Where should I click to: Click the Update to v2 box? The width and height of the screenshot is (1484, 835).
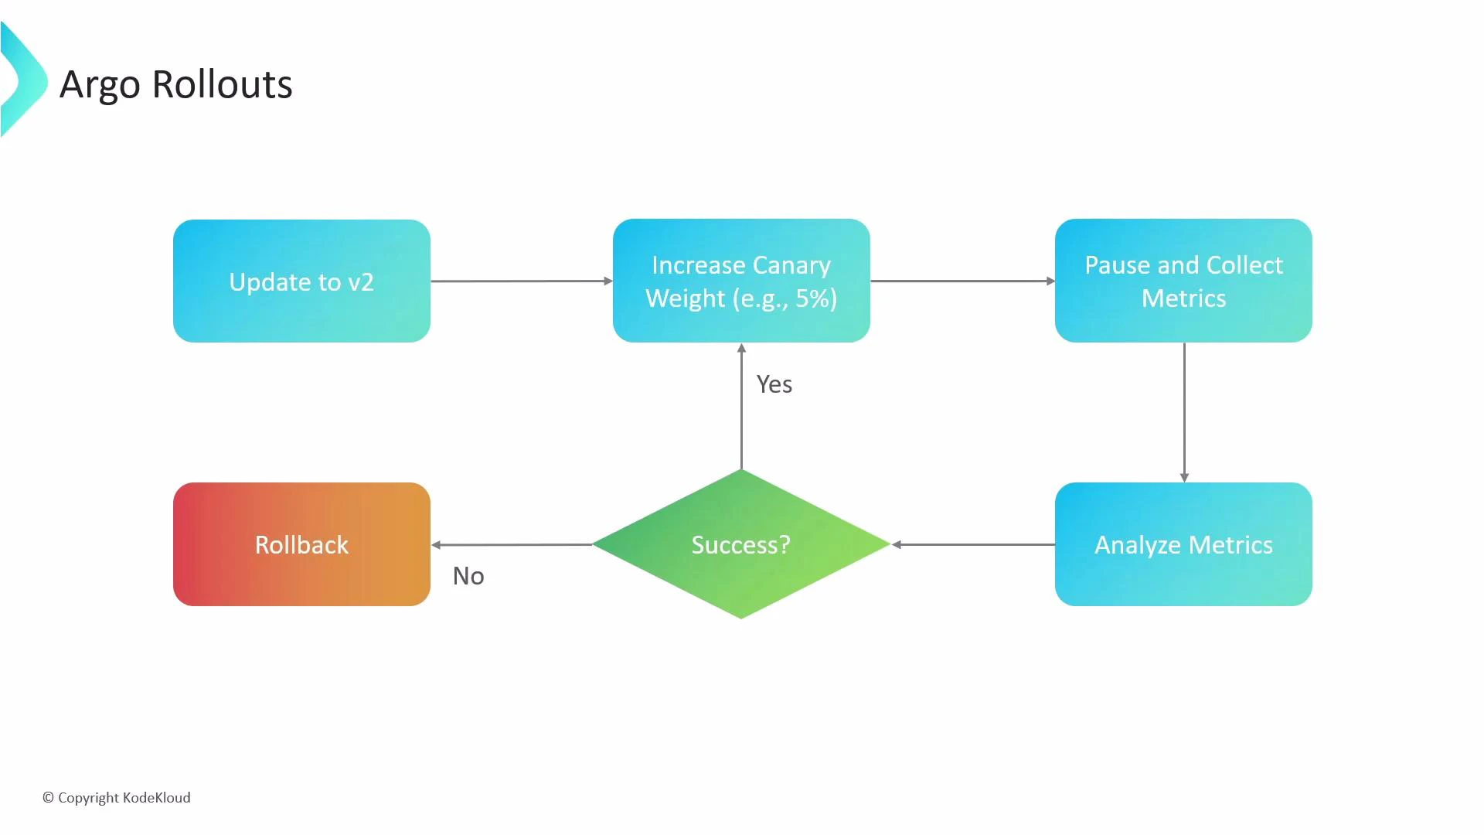(x=301, y=281)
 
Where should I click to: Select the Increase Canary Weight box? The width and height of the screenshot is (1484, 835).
(x=740, y=281)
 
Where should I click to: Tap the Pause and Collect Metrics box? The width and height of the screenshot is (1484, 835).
(x=1183, y=281)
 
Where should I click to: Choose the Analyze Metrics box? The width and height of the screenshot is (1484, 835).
(x=1183, y=544)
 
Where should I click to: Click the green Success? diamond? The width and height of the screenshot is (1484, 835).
(x=740, y=544)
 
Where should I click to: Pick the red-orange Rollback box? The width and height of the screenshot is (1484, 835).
(x=301, y=544)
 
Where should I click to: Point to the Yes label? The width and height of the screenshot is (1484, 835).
(x=774, y=384)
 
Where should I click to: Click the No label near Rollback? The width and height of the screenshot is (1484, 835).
(x=468, y=576)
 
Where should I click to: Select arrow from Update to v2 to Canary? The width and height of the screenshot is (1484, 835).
(x=521, y=281)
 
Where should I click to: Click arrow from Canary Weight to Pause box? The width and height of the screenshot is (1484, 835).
(x=962, y=281)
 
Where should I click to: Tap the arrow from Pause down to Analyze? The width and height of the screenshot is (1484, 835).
(x=1184, y=411)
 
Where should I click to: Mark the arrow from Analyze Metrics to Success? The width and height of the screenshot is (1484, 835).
(x=974, y=544)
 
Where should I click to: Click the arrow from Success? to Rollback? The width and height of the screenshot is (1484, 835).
(x=512, y=545)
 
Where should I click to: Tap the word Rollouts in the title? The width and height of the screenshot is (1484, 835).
(x=222, y=84)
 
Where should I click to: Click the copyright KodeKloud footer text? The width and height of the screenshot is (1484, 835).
(x=117, y=798)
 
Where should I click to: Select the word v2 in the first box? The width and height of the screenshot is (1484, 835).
(x=360, y=282)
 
